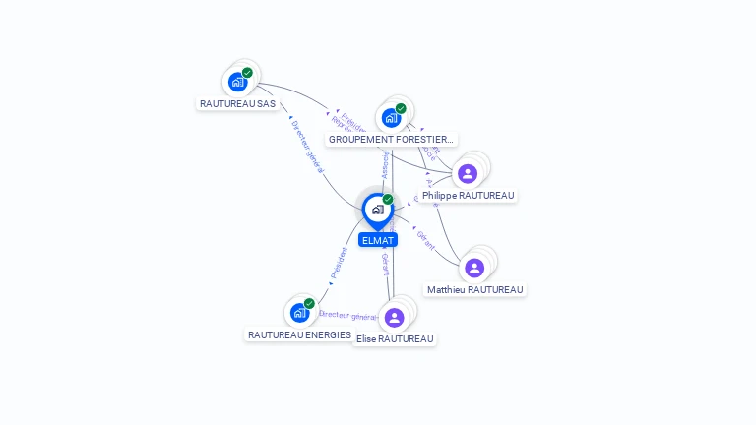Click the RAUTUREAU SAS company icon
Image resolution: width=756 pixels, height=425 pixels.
pos(237,83)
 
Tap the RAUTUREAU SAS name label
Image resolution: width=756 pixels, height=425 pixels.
pos(237,103)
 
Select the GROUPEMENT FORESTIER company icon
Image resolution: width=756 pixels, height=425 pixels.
pos(391,118)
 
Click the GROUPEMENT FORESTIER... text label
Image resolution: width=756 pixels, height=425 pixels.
pos(391,140)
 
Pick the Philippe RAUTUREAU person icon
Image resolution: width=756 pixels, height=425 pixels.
pos(468,174)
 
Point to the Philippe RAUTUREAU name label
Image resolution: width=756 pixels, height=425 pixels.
pos(469,196)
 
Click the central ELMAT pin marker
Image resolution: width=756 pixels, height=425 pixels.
pos(377,210)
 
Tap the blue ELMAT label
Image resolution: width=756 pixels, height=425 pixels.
pos(378,240)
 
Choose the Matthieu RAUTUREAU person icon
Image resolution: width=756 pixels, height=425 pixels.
pos(474,268)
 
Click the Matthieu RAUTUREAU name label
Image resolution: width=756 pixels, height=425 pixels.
pos(475,290)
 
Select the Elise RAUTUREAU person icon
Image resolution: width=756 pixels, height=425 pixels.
pos(395,317)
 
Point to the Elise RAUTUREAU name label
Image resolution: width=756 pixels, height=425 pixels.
pos(395,339)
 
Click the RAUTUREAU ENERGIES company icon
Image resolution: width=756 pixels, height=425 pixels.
pos(298,313)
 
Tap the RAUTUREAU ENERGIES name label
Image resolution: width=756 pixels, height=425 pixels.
pos(299,335)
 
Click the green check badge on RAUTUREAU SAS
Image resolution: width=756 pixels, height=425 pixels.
pos(247,73)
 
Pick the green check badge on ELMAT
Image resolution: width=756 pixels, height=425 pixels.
pos(388,200)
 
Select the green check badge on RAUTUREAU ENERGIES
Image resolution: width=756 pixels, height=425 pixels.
pos(309,304)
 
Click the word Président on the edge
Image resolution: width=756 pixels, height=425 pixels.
pos(339,265)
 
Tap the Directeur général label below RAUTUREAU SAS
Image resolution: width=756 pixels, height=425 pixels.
pos(307,149)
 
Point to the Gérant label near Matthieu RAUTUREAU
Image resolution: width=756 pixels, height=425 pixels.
pos(426,241)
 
